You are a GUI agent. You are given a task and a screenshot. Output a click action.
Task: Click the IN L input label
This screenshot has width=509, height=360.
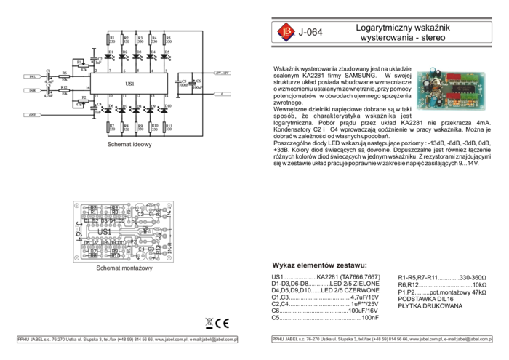pyautogui.click(x=32, y=76)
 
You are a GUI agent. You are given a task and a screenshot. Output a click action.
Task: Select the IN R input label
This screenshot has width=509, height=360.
pyautogui.click(x=32, y=90)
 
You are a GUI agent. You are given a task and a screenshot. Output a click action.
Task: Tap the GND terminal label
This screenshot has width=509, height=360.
pyautogui.click(x=32, y=115)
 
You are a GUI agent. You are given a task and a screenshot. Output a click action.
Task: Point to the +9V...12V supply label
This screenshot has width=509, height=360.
pyautogui.click(x=222, y=73)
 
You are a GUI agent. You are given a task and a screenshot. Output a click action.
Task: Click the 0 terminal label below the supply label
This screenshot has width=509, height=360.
pyautogui.click(x=222, y=94)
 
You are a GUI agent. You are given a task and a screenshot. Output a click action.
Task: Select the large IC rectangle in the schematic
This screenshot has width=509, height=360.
pyautogui.click(x=130, y=85)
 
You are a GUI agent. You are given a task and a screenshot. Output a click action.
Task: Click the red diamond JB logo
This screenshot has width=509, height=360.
pyautogui.click(x=285, y=32)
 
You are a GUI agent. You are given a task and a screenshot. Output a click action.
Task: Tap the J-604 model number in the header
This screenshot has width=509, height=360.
pyautogui.click(x=310, y=33)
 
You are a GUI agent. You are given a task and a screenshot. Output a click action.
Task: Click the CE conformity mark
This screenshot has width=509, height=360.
pyautogui.click(x=223, y=324)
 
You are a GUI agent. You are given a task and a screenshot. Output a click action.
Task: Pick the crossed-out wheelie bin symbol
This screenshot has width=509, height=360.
pyautogui.click(x=209, y=324)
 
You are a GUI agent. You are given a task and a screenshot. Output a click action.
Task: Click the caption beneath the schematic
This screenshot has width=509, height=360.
pyautogui.click(x=129, y=144)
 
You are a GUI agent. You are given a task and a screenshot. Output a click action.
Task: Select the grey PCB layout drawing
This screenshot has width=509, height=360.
pyautogui.click(x=123, y=231)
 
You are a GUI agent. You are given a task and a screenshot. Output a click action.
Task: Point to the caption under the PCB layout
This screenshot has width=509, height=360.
pyautogui.click(x=124, y=268)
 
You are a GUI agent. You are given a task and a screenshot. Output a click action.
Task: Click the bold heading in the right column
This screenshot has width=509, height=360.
pyautogui.click(x=319, y=265)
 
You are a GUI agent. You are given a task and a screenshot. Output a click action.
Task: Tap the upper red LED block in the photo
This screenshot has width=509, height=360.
pyautogui.click(x=453, y=76)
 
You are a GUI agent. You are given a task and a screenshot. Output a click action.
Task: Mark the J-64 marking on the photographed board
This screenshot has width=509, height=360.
pyautogui.click(x=480, y=89)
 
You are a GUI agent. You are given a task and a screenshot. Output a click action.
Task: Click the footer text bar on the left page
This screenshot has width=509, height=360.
pyautogui.click(x=127, y=340)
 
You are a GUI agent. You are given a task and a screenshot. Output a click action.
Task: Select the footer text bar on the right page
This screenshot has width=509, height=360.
pyautogui.click(x=382, y=340)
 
